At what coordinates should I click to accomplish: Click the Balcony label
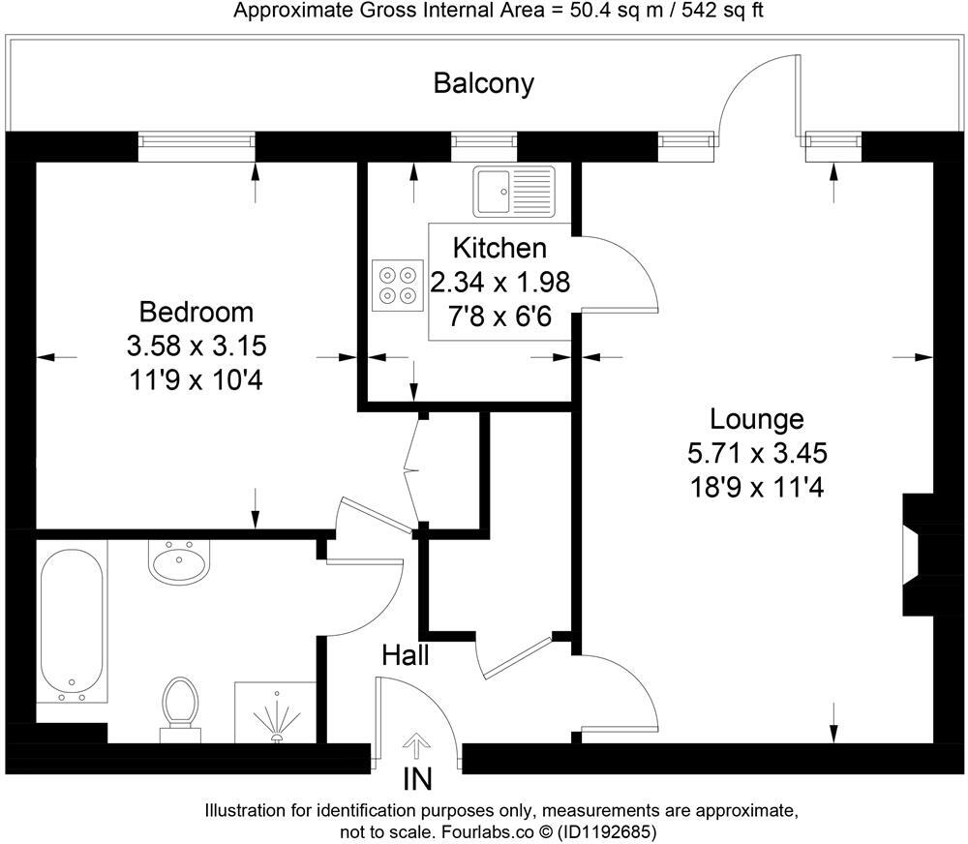coord(483,83)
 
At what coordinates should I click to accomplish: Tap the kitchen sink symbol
coord(514,192)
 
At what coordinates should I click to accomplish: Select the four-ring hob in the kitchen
coord(397,286)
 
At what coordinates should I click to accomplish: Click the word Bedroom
coord(197,313)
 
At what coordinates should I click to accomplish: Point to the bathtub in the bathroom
coord(72,624)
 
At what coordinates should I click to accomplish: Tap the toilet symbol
coord(178,705)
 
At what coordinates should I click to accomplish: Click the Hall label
coord(406,655)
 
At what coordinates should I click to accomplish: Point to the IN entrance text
coord(418,779)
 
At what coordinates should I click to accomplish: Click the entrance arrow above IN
coord(417,745)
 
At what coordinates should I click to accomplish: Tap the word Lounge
coord(756,419)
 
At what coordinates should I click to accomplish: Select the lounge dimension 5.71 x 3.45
coord(756,453)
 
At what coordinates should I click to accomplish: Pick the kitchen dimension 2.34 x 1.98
coord(499,283)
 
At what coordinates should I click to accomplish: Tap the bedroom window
coord(197,146)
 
